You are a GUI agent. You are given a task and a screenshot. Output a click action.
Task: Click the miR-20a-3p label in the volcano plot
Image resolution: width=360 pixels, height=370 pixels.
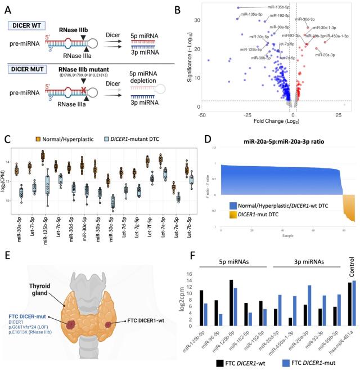[325, 55]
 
